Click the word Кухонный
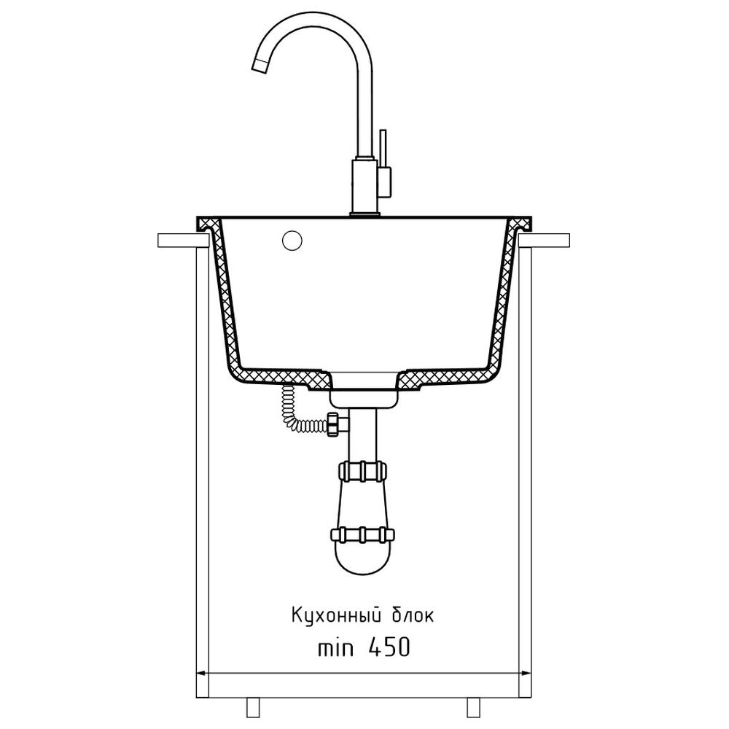click(x=333, y=615)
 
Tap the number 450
click(x=389, y=647)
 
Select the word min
click(x=335, y=648)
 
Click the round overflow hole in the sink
click(x=292, y=241)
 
